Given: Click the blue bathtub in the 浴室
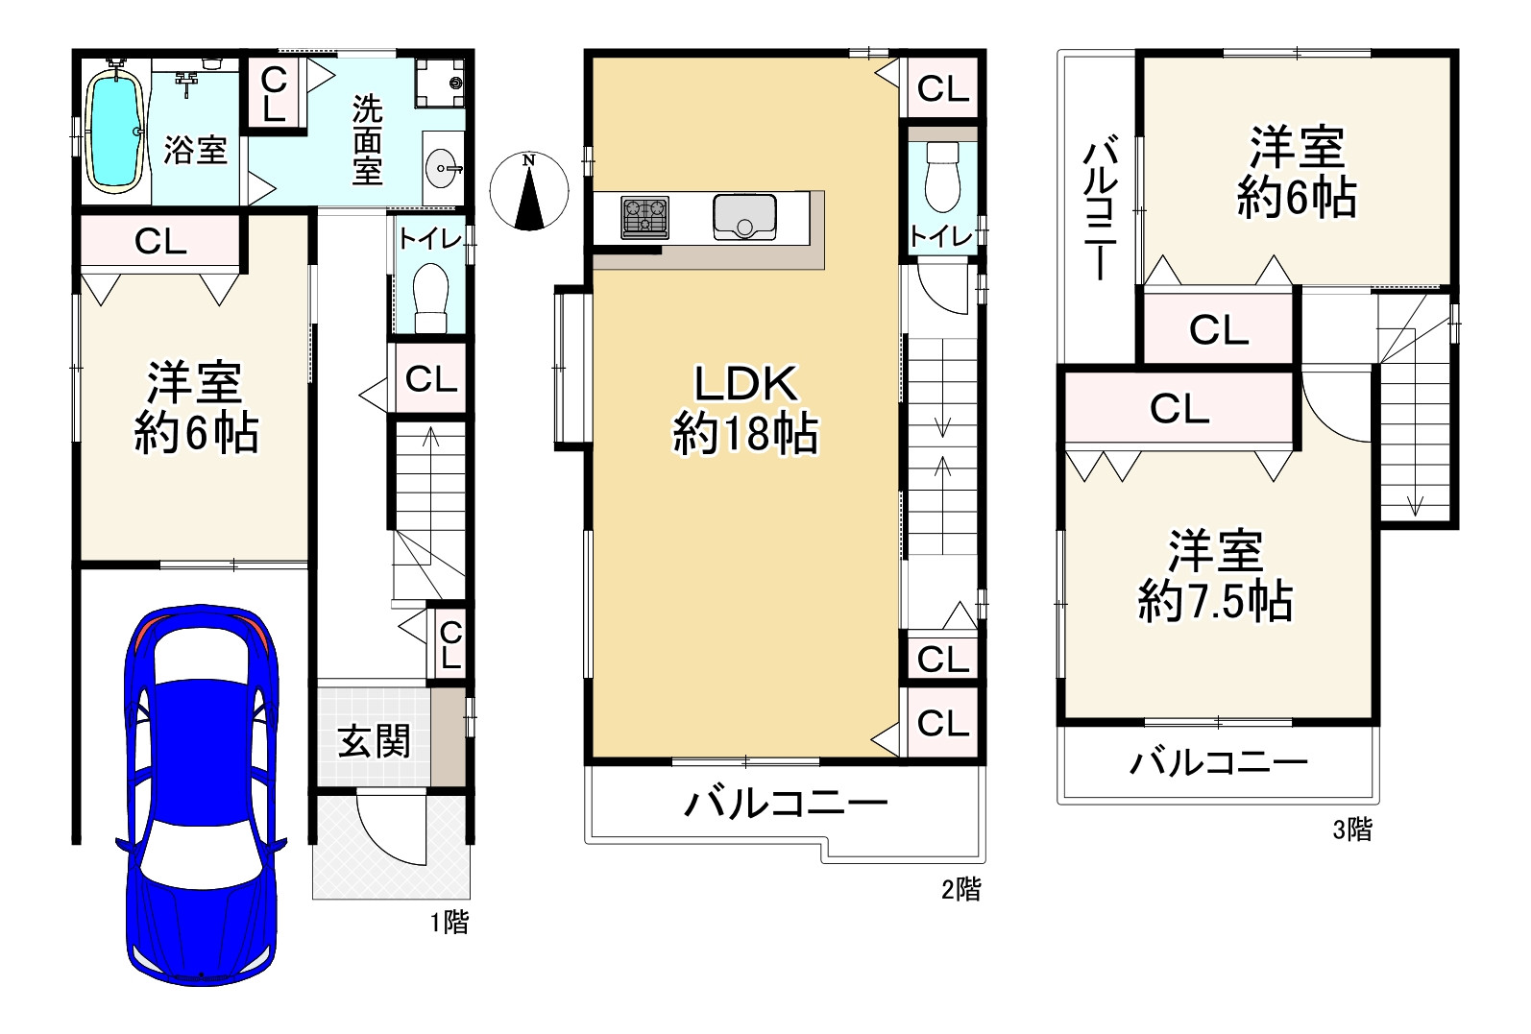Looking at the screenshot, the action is click(x=115, y=130).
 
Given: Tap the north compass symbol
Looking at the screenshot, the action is click(x=529, y=191).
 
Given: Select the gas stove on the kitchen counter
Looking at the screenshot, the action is click(x=644, y=217).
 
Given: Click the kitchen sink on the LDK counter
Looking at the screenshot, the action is click(x=744, y=217).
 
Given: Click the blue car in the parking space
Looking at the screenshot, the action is click(x=201, y=795).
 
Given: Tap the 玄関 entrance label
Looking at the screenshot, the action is click(x=374, y=741).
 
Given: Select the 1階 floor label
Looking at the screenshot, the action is click(x=450, y=923).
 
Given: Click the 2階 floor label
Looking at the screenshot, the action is click(x=961, y=888).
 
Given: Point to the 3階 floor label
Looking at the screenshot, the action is click(x=1352, y=829).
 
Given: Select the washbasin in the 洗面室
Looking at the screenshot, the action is click(x=444, y=167).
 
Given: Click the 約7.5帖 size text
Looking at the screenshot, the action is click(x=1215, y=601).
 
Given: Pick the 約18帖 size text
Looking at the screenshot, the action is click(x=745, y=434).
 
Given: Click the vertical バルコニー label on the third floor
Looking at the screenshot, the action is click(x=1100, y=207).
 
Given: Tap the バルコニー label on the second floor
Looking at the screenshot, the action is click(x=786, y=804).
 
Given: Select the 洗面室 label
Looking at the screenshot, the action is click(x=367, y=140).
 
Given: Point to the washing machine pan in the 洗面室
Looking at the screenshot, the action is click(x=440, y=83).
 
